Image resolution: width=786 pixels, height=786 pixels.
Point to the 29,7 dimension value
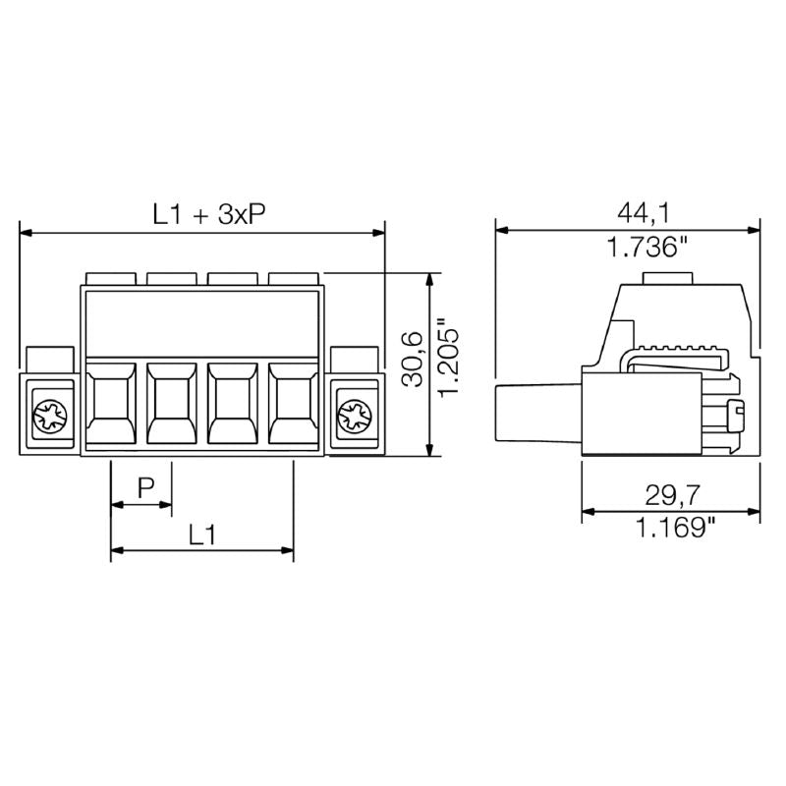click(671, 492)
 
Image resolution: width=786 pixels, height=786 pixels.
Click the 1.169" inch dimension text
click(671, 529)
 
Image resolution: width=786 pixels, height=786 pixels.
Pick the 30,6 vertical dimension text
click(413, 360)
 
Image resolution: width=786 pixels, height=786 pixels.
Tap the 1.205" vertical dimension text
click(449, 360)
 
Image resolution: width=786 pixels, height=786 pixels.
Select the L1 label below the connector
click(201, 533)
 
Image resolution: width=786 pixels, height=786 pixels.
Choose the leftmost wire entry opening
click(111, 404)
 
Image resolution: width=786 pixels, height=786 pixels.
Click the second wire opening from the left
click(172, 404)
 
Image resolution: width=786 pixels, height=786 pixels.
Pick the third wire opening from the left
click(233, 404)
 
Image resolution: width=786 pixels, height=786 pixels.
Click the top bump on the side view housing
click(669, 279)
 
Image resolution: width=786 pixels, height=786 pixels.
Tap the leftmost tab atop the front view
click(110, 278)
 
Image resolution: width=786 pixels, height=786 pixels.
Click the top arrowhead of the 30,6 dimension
click(429, 279)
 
